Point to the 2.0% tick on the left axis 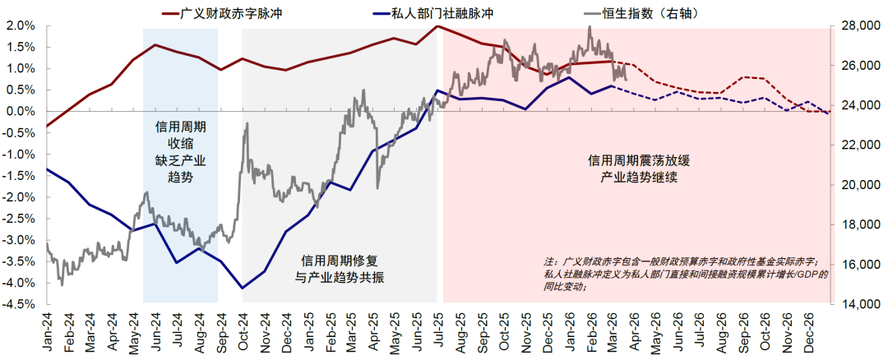point(21,26)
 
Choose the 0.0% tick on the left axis point(21,112)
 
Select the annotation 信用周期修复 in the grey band point(340,260)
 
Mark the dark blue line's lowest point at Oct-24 point(242,288)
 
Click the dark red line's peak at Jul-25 point(437,26)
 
